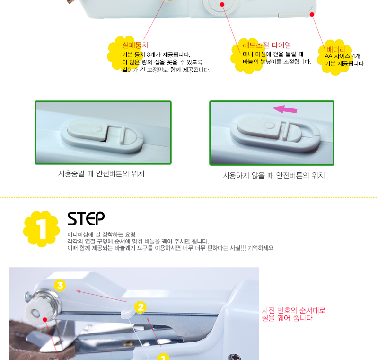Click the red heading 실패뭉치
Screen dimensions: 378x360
(135, 45)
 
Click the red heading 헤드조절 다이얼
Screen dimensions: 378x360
(267, 45)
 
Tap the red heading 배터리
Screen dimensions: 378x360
(336, 49)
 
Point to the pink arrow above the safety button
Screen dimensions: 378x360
(285, 109)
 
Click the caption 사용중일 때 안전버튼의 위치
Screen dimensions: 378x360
(102, 173)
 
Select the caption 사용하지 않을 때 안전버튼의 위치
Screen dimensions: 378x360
(273, 176)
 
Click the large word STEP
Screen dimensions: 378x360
(86, 219)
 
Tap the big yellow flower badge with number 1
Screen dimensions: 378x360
(42, 229)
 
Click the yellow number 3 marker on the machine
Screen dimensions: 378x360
(60, 285)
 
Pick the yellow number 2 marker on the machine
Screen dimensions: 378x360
(141, 307)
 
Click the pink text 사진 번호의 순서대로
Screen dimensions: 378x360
(294, 310)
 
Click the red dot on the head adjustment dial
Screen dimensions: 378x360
(222, 4)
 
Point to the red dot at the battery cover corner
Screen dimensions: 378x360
(312, 15)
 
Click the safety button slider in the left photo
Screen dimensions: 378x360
(87, 131)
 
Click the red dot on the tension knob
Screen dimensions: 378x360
(45, 320)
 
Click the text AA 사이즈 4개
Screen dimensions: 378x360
(343, 56)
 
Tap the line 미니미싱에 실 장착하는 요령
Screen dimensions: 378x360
(101, 234)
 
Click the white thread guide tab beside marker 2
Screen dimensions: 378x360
(127, 314)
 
